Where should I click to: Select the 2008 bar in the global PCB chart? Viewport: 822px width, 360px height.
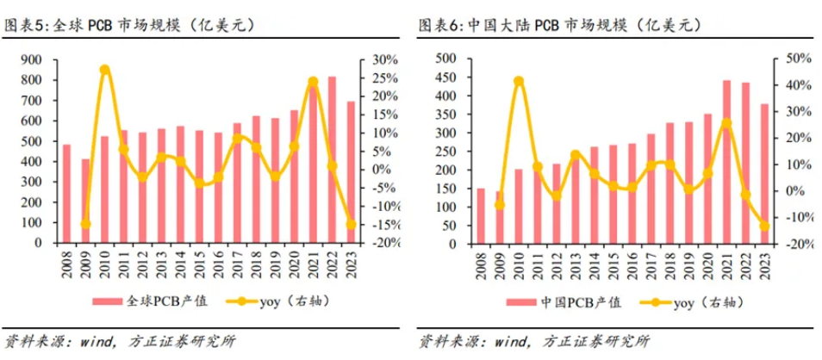tap(66, 194)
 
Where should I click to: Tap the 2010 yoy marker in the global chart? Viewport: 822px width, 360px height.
tap(104, 70)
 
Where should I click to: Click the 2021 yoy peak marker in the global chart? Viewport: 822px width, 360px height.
tap(314, 83)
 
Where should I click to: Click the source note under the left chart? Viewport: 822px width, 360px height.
tap(121, 340)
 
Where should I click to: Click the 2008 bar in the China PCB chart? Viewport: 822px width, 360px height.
tap(481, 215)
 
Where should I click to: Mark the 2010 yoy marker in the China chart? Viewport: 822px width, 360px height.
tap(519, 82)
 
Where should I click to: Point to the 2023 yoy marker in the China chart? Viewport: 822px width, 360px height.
tap(764, 227)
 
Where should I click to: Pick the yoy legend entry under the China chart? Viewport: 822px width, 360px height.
tap(694, 301)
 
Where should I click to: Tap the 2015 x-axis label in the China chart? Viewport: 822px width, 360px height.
tap(613, 259)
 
